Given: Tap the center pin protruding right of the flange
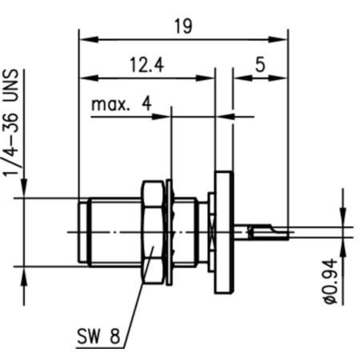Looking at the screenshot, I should pyautogui.click(x=268, y=233).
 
